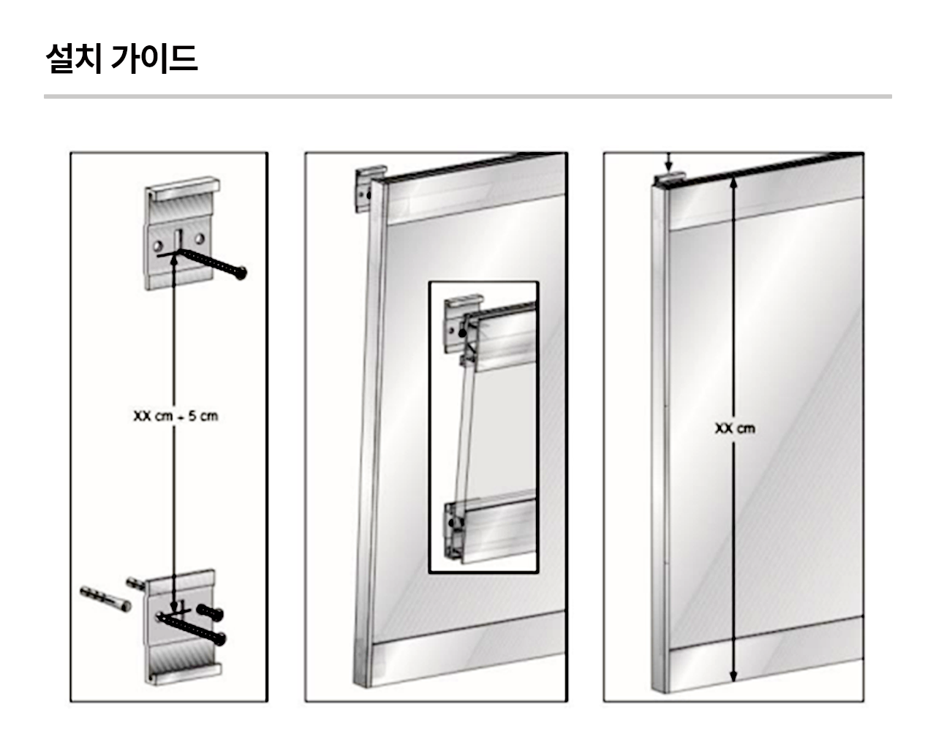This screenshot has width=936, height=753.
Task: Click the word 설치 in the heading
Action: point(74,58)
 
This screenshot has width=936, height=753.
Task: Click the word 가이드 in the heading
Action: point(154,58)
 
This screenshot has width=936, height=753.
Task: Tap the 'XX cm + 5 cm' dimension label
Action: point(175,416)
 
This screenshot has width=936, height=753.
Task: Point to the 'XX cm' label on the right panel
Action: point(735,428)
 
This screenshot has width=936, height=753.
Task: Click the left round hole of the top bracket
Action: point(158,246)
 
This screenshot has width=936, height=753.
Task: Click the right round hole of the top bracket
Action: point(199,238)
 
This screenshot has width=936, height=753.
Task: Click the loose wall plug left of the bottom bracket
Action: point(106,599)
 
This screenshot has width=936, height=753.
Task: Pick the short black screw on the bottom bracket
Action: point(211,612)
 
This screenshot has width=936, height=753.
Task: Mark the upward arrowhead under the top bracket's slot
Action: point(175,260)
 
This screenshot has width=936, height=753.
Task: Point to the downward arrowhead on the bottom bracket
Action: point(174,607)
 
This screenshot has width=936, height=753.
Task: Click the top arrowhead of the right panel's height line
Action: point(733,182)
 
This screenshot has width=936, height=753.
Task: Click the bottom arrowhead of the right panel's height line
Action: point(733,676)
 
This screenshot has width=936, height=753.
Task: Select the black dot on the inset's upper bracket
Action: point(462,333)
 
